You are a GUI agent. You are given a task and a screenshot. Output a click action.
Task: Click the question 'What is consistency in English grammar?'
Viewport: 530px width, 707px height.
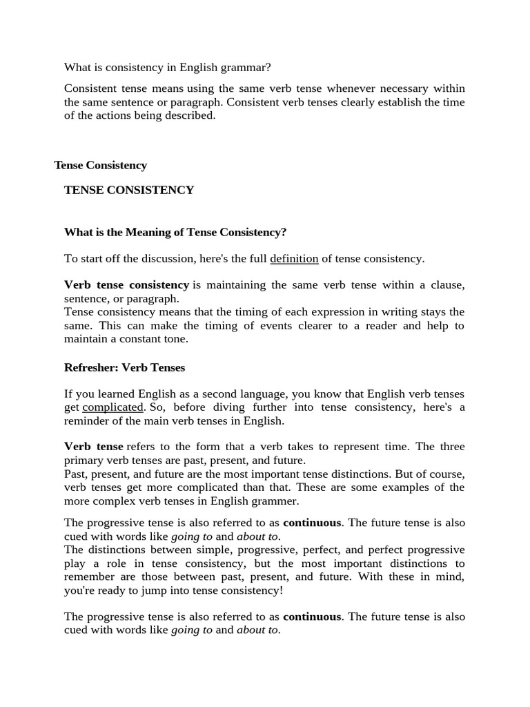pyautogui.click(x=168, y=67)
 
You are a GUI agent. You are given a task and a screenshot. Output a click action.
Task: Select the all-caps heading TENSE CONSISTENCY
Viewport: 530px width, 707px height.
pyautogui.click(x=129, y=190)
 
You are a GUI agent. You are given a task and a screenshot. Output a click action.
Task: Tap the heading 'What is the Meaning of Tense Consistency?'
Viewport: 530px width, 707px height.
pyautogui.click(x=175, y=232)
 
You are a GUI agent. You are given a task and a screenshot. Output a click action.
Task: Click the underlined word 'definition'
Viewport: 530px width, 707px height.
pyautogui.click(x=294, y=258)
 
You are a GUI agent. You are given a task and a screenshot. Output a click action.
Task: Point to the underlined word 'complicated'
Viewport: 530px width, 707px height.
pyautogui.click(x=112, y=407)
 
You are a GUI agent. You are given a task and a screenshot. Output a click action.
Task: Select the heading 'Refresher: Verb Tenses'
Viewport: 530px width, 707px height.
pyautogui.click(x=124, y=367)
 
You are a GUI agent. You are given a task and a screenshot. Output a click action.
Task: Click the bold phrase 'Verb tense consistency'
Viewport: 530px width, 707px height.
pyautogui.click(x=126, y=284)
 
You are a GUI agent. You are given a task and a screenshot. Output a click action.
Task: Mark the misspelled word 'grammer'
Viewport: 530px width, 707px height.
pyautogui.click(x=275, y=501)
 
